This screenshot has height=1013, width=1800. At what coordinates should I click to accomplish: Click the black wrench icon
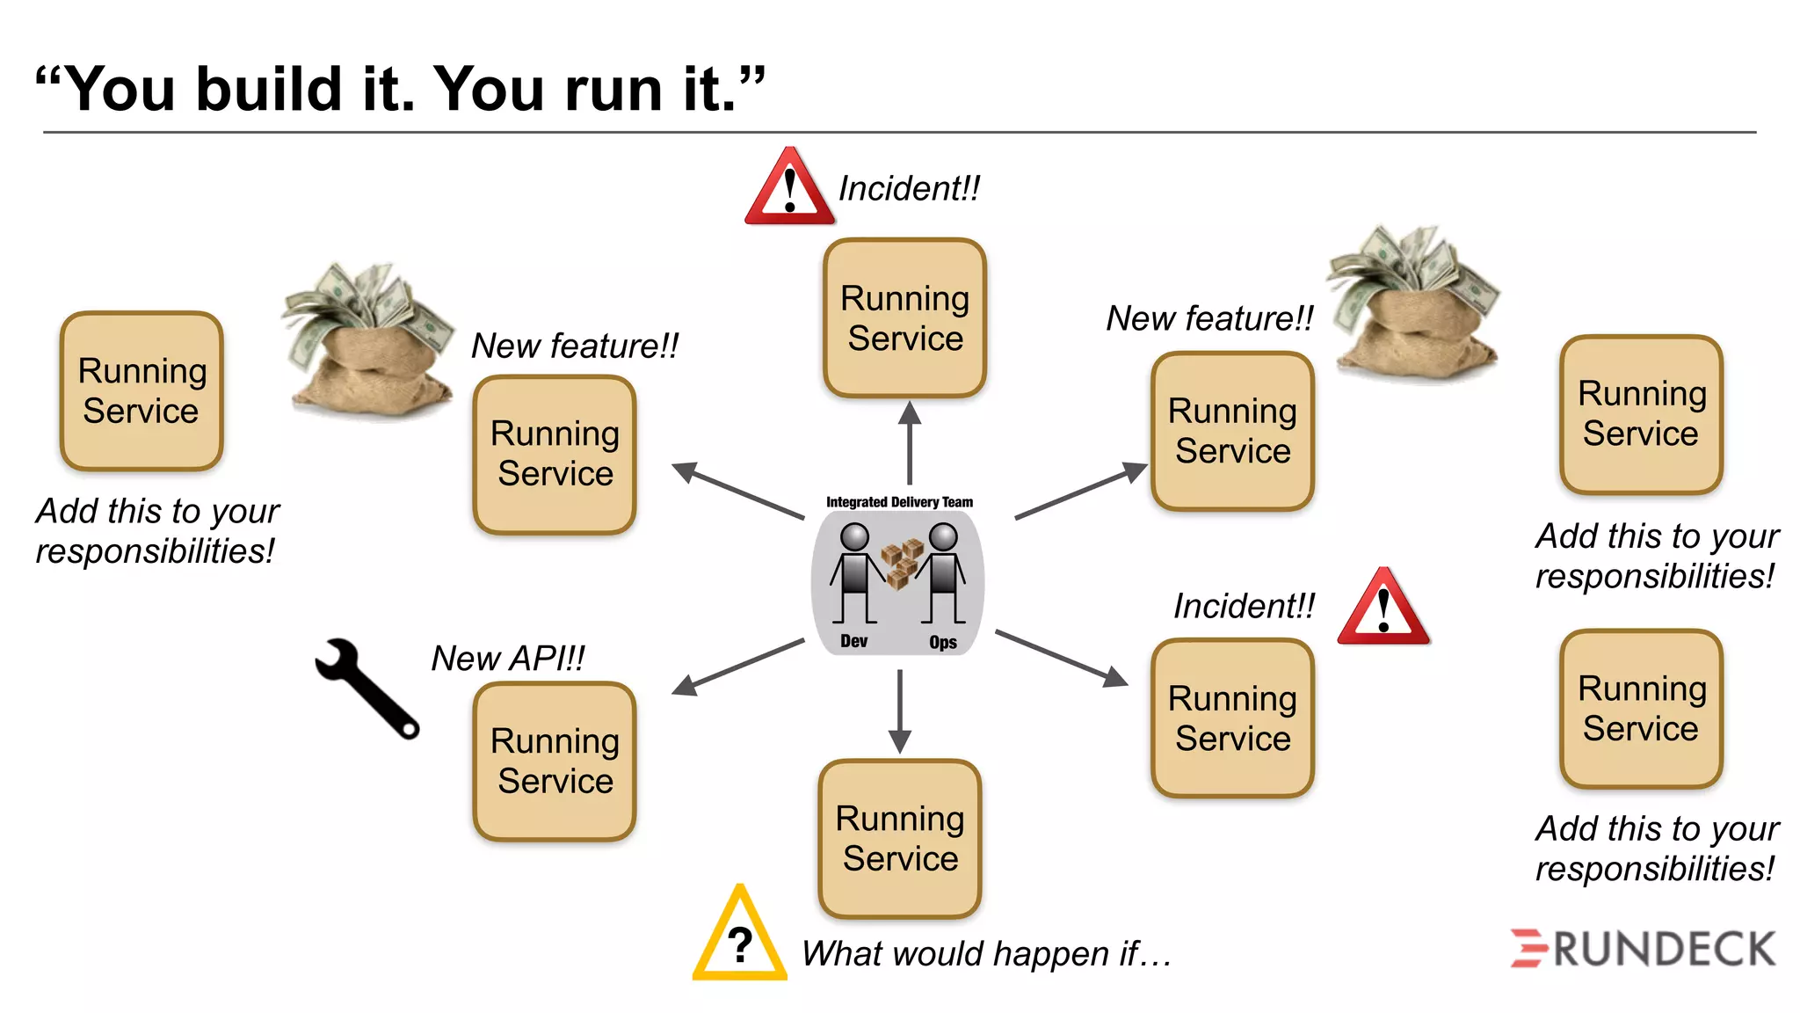point(367,687)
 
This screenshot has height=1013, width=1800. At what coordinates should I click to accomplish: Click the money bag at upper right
point(1414,303)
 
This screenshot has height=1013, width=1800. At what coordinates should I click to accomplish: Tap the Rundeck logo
point(1643,949)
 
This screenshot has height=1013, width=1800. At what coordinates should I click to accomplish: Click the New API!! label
point(507,659)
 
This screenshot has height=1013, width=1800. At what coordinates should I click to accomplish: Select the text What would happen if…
point(986,954)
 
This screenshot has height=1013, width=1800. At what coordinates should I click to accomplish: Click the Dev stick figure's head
point(854,536)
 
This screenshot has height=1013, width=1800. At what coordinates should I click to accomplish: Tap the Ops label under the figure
point(943,643)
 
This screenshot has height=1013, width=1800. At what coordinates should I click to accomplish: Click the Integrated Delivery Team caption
point(899,502)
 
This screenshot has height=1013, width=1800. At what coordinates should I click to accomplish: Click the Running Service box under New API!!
point(555,762)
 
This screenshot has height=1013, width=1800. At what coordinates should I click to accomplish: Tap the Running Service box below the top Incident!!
point(905,318)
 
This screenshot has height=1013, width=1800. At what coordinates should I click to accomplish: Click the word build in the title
point(268,90)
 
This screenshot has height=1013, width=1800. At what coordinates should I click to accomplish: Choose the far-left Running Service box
point(142,391)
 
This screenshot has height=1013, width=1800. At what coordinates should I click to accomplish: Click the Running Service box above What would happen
point(900,839)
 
